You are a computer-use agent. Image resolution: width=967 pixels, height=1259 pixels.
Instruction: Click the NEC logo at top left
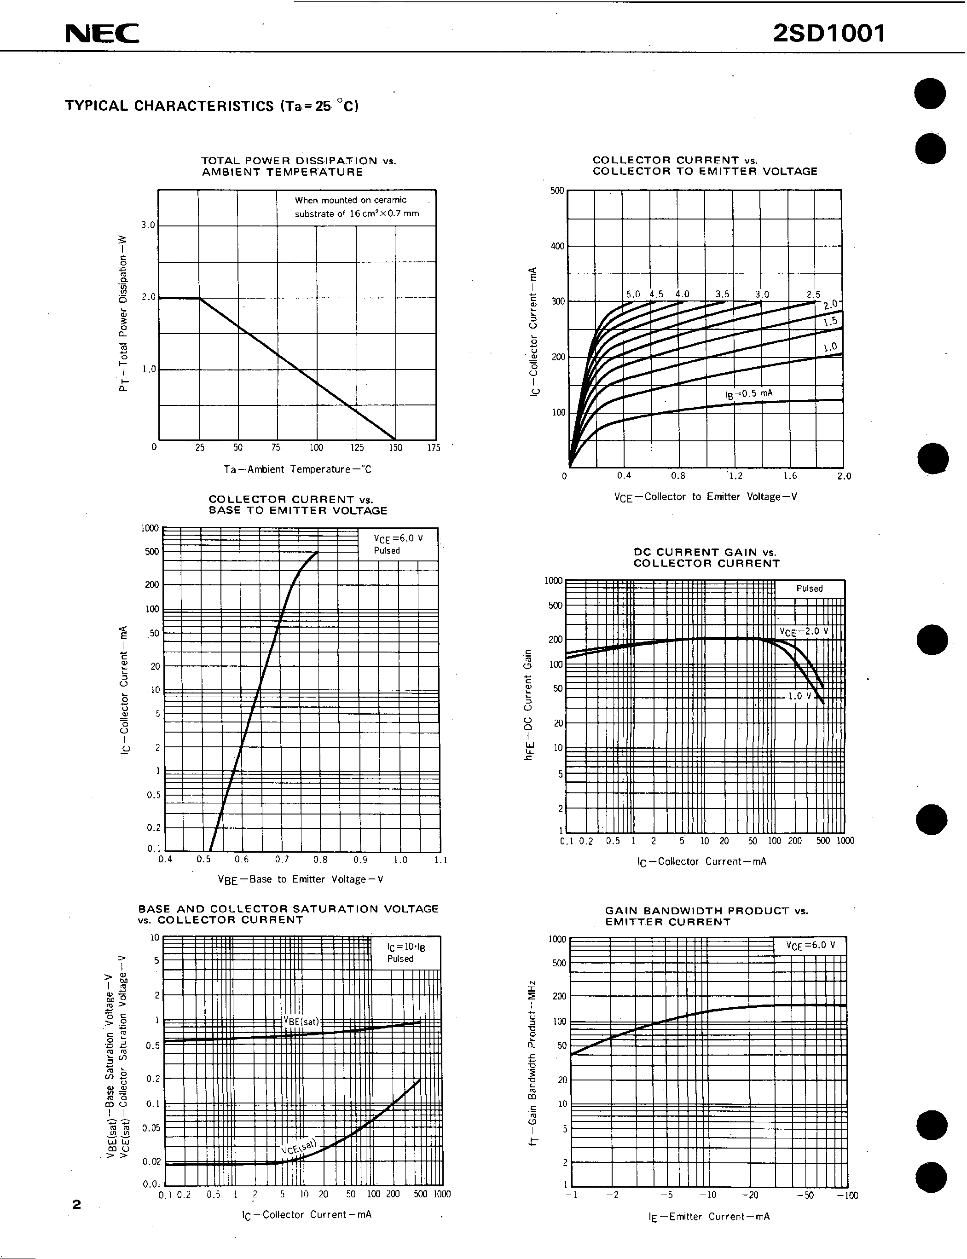pyautogui.click(x=102, y=34)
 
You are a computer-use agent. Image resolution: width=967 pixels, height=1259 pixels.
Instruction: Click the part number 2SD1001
pyautogui.click(x=829, y=34)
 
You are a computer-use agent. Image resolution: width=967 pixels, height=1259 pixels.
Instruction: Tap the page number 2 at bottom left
pyautogui.click(x=76, y=1204)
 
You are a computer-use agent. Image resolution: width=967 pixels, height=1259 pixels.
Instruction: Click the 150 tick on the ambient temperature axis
pyautogui.click(x=395, y=448)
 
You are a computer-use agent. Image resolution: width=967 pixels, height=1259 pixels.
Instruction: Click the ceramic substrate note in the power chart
pyautogui.click(x=357, y=207)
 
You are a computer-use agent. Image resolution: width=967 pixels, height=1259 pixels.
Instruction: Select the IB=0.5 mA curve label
pyautogui.click(x=748, y=394)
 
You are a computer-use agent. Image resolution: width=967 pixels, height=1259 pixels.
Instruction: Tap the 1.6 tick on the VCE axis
pyautogui.click(x=790, y=476)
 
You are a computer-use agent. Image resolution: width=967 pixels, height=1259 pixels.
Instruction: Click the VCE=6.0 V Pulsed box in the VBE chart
pyautogui.click(x=398, y=544)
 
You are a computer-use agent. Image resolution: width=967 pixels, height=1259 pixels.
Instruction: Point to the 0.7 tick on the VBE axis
pyautogui.click(x=282, y=860)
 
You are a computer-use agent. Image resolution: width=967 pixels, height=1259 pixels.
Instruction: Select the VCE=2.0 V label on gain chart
pyautogui.click(x=804, y=631)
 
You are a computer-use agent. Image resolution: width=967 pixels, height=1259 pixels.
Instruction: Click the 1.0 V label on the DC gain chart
pyautogui.click(x=799, y=696)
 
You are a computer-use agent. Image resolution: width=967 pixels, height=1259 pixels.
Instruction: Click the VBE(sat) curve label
pyautogui.click(x=301, y=1022)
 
